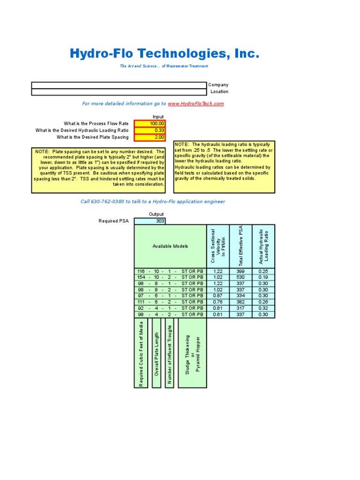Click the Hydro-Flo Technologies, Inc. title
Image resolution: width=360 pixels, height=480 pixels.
164,53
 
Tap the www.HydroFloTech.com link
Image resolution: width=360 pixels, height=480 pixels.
195,104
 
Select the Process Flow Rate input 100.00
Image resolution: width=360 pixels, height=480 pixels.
150,124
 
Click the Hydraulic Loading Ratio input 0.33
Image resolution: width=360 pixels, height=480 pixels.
150,130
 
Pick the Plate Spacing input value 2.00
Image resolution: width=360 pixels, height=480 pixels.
150,137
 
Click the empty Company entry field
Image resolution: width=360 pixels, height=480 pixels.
119,85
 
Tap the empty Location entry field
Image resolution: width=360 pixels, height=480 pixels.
119,92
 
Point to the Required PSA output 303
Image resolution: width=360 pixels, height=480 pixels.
150,221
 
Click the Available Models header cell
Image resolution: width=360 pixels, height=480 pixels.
170,247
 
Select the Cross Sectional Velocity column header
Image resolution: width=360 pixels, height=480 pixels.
218,247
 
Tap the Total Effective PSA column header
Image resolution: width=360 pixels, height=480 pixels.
241,247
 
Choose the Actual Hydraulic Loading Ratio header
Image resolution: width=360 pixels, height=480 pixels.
264,247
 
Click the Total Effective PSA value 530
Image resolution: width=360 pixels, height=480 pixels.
241,277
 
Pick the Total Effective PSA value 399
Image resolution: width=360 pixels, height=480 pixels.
241,271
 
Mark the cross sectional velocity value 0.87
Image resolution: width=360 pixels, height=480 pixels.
218,296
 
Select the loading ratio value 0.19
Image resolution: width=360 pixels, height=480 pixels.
264,277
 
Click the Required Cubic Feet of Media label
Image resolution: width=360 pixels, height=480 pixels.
141,353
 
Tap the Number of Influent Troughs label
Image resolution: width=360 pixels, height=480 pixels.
170,353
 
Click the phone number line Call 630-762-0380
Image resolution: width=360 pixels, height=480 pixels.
153,202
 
